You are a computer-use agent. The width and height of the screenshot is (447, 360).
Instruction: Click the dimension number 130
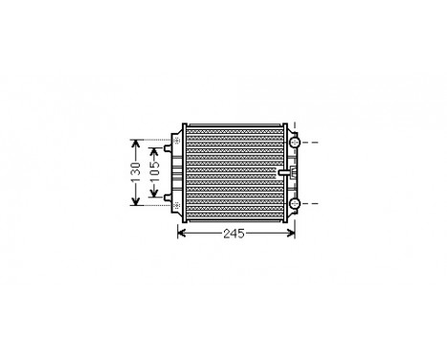coord(136,171)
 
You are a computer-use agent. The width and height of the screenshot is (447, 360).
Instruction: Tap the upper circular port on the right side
coord(295,143)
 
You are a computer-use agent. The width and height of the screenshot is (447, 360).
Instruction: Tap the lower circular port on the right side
coord(295,203)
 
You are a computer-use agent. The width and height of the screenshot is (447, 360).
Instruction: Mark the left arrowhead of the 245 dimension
coord(182,234)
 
